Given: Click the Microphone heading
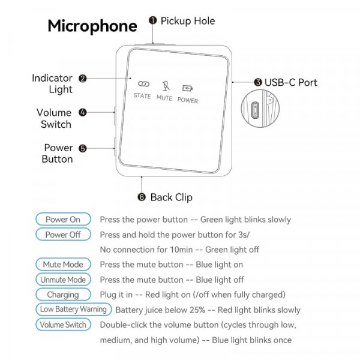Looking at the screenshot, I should point(92,26).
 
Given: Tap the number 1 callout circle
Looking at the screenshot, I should point(153,20).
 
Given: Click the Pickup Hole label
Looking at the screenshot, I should point(187,21).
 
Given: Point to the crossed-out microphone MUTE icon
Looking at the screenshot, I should point(164,85).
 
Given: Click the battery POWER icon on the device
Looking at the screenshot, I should point(187,88).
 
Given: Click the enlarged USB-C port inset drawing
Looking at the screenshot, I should point(255,110).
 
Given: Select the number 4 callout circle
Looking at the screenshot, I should point(82,112).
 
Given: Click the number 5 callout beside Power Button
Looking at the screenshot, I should point(82,148).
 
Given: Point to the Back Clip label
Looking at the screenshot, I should point(171,197).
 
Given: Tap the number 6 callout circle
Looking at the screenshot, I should point(142,197).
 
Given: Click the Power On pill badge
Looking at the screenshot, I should point(63,220).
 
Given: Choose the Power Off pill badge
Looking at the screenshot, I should point(63,235).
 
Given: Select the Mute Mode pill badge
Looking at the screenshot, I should point(63,265).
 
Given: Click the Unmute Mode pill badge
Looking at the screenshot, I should point(63,280).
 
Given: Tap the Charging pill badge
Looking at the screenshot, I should point(63,295).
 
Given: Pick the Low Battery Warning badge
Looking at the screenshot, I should point(73,310).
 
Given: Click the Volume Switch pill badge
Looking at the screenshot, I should point(63,325).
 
